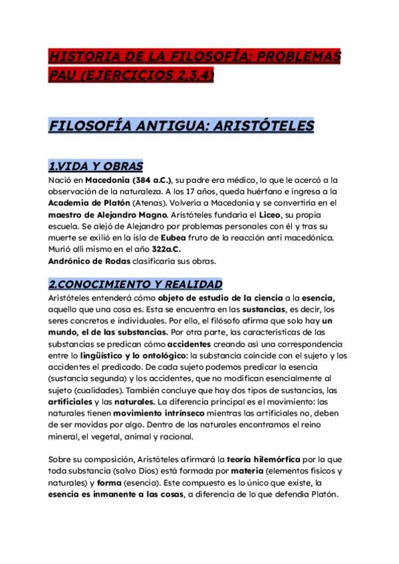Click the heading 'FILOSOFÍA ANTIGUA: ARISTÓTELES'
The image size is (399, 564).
tap(172, 126)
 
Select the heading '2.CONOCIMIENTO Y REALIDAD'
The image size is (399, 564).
tap(135, 283)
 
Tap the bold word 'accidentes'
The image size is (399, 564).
tap(189, 344)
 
